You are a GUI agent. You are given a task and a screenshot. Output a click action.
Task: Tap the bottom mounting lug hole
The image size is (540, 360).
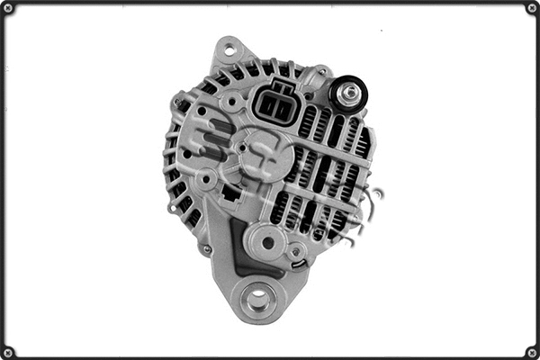[257, 298]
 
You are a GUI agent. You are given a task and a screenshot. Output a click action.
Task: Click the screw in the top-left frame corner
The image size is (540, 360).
[9, 8]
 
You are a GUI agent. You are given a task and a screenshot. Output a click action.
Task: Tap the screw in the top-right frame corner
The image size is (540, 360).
[531, 8]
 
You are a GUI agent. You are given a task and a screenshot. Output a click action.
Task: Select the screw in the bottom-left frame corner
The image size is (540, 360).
[9, 352]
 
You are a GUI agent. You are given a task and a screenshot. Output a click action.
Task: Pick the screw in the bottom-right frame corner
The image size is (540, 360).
[531, 352]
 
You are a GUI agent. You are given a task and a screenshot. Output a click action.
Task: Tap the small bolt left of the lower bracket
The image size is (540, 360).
[206, 248]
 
